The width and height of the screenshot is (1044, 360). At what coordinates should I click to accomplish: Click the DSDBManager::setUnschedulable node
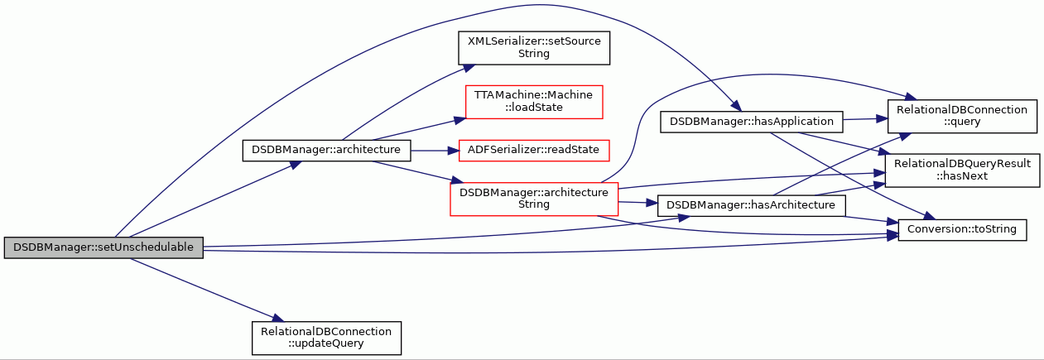103,247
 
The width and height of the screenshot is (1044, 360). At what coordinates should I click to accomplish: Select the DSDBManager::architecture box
326,151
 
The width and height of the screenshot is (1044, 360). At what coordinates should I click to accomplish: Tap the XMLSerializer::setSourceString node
534,48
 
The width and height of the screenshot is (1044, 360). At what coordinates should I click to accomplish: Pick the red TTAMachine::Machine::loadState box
534,102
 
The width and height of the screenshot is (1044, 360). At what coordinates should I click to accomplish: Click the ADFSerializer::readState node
534,151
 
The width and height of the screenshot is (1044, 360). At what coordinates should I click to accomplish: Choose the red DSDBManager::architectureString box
534,199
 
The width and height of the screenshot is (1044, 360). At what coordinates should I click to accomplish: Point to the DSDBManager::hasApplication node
751,122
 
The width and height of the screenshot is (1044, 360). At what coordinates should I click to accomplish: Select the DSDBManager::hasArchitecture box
751,205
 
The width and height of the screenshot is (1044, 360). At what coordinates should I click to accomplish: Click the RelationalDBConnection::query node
962,116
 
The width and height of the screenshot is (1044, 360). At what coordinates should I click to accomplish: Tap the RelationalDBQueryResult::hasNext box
962,170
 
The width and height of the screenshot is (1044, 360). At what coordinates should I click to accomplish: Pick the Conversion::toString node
962,229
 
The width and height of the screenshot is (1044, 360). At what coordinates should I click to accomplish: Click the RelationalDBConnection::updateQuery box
326,338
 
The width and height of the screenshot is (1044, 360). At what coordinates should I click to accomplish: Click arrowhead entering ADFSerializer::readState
453,151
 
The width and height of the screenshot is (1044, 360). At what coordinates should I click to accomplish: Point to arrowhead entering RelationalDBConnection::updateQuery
278,318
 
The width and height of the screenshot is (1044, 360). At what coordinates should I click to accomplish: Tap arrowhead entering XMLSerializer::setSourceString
469,68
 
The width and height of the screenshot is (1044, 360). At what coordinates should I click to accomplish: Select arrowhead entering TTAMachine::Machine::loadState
459,120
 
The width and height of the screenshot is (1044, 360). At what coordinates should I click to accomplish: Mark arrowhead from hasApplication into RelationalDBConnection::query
882,118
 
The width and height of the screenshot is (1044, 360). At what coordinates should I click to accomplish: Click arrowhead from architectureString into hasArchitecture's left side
652,203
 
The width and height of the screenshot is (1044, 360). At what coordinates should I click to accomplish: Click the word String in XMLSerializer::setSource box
534,54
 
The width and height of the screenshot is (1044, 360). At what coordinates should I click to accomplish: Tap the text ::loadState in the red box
534,108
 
